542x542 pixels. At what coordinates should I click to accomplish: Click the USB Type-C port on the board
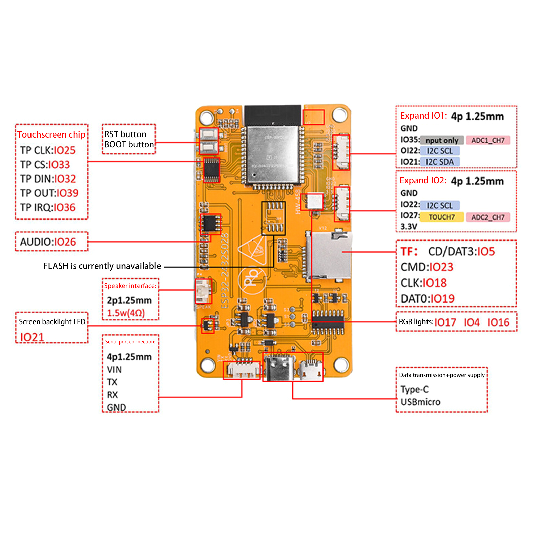click(277, 368)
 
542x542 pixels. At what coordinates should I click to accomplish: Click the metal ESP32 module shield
click(273, 154)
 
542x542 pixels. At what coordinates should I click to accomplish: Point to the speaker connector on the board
click(203, 291)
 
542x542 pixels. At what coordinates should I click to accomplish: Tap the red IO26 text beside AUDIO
click(65, 242)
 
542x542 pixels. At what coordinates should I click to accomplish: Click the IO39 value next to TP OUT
click(67, 193)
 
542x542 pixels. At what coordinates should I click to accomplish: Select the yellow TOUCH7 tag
click(442, 217)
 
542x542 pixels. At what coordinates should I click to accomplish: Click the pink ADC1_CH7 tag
click(488, 140)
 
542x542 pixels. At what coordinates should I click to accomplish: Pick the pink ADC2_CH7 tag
click(488, 217)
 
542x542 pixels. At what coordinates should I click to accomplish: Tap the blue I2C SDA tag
click(440, 162)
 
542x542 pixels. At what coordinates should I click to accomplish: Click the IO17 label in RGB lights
click(445, 322)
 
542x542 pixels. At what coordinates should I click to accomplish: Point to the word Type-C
click(415, 389)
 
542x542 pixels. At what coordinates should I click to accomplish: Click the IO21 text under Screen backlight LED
click(32, 337)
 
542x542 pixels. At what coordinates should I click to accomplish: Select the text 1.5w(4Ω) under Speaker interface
click(126, 313)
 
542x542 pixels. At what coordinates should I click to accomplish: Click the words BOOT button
click(129, 145)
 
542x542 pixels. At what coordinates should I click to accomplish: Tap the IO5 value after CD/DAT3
click(486, 252)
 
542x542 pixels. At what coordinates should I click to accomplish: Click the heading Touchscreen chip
click(51, 134)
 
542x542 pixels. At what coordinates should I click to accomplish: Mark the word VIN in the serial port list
click(114, 370)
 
